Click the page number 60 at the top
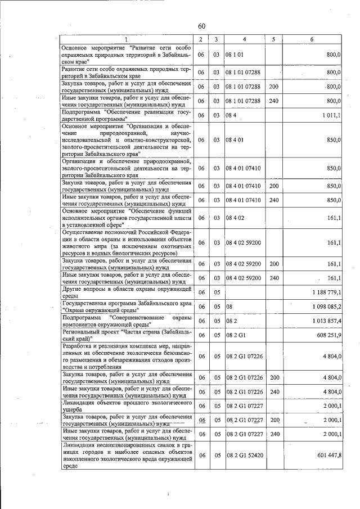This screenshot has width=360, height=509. tap(201, 26)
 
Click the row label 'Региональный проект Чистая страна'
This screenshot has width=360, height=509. tap(126, 335)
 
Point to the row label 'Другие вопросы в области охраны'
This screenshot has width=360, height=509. tap(126, 292)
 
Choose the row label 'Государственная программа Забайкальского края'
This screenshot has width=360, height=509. tap(126, 307)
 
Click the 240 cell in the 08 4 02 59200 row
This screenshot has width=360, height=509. tap(274, 278)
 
